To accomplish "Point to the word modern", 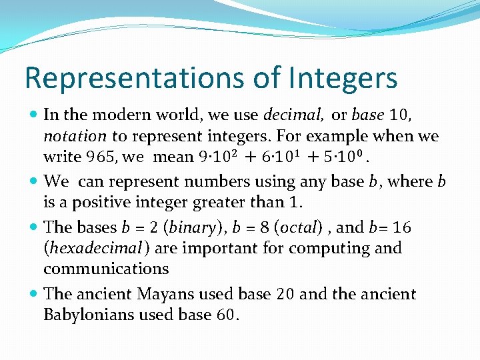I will point(127,115).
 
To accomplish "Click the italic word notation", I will point(75,136).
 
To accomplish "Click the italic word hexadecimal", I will point(93,248).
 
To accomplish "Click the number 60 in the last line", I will point(224,315).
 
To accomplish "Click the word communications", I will point(106,269).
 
